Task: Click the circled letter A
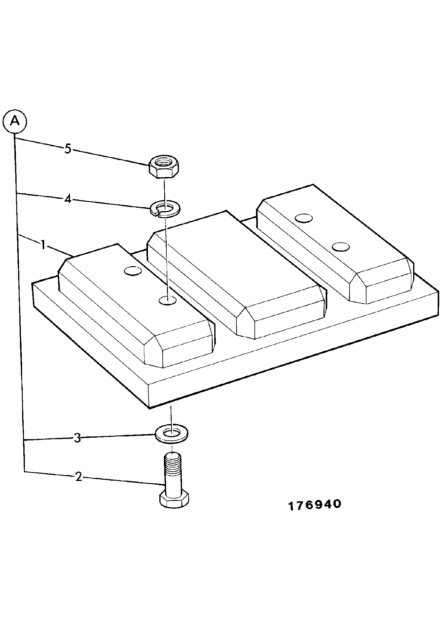coord(14,122)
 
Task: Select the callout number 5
coord(68,149)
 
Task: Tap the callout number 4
coord(68,199)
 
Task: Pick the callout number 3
coord(77,438)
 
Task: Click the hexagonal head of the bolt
coord(174,500)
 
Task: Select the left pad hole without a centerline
coord(133,271)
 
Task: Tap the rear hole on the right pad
coord(304,218)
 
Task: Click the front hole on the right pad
coord(340,247)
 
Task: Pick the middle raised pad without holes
coord(236,275)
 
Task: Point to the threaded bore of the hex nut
coord(165,162)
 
